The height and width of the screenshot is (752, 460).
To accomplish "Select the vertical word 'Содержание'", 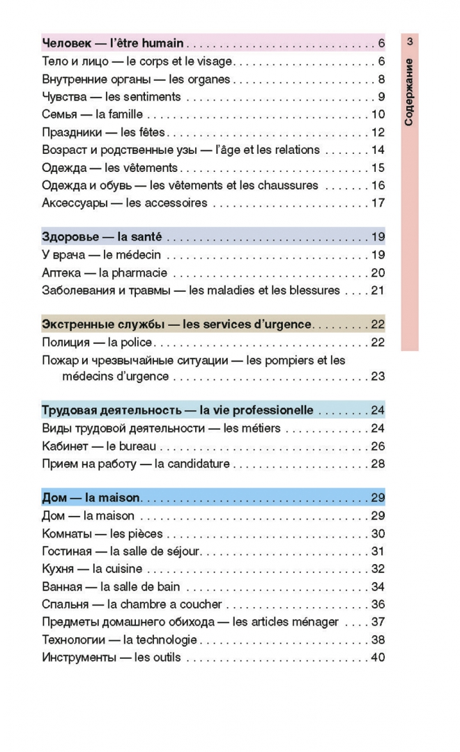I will pos(409,92).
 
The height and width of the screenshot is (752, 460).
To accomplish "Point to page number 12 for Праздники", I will pos(378,132).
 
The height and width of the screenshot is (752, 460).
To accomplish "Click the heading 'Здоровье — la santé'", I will pos(102,237).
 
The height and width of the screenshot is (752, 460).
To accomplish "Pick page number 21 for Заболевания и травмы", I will pos(378,290).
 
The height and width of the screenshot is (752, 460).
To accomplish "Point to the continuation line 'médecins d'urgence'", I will pos(116,377).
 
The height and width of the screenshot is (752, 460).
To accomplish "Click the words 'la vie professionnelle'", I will pos(256,410).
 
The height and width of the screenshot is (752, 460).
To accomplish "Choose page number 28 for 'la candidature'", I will pos(378,464).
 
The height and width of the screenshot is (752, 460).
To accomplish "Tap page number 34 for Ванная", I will pos(378,587).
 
